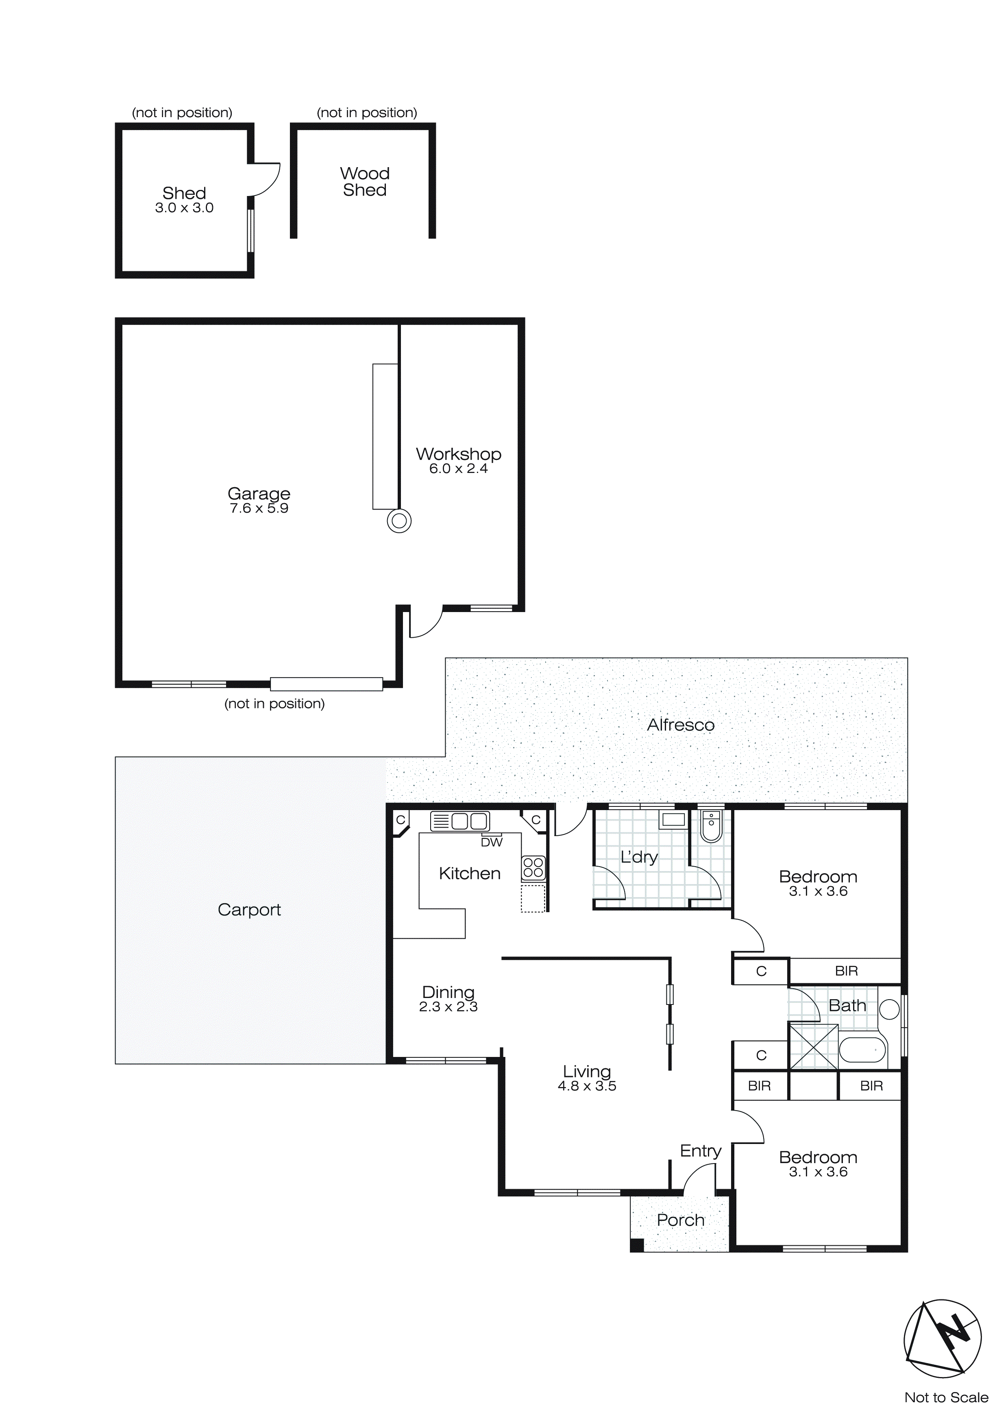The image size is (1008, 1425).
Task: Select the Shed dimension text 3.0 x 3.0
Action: click(184, 209)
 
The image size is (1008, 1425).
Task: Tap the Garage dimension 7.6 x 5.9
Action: click(259, 508)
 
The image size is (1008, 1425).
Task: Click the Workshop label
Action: click(458, 454)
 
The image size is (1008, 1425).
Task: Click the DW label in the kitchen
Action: click(492, 842)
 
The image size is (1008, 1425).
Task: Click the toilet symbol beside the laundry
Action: click(711, 827)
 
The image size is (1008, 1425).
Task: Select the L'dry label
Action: click(639, 857)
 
